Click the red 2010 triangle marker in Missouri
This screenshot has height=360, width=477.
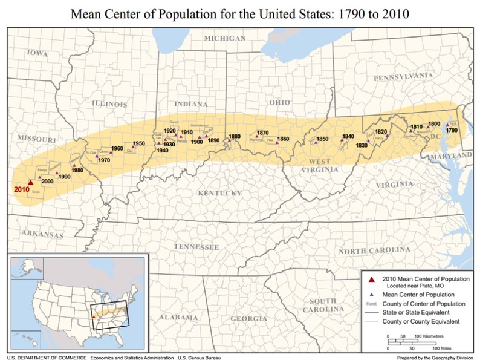pos(30,182)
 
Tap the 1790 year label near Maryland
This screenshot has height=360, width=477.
pos(452,130)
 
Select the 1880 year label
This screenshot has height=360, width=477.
pos(235,136)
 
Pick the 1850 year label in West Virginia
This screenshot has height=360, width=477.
pos(322,139)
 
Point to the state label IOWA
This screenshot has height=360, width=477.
pos(37,53)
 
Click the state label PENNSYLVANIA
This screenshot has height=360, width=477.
pos(403,77)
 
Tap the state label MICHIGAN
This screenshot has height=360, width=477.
pos(224,38)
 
